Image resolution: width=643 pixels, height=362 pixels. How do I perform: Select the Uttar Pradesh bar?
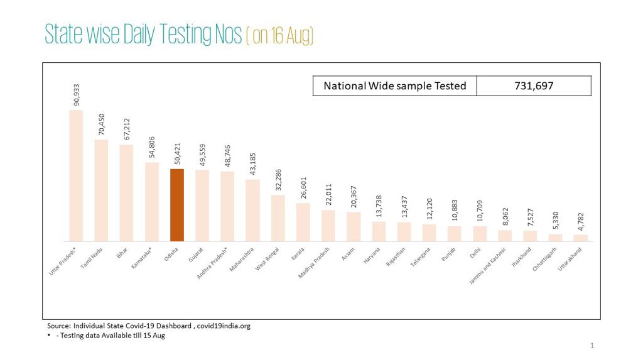(76, 175)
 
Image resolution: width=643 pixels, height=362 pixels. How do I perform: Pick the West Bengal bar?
(278, 218)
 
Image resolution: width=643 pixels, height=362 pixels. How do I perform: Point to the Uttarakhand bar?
(581, 238)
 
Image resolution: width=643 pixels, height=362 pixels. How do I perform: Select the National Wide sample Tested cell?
(394, 85)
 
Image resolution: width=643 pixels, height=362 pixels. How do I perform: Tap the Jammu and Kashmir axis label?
(487, 266)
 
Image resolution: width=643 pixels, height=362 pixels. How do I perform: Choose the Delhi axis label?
(475, 253)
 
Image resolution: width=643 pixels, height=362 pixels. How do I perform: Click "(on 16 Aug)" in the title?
(279, 35)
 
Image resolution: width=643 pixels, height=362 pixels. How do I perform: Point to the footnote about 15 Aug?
(110, 336)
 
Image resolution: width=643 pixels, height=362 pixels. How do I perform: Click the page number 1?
(592, 346)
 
